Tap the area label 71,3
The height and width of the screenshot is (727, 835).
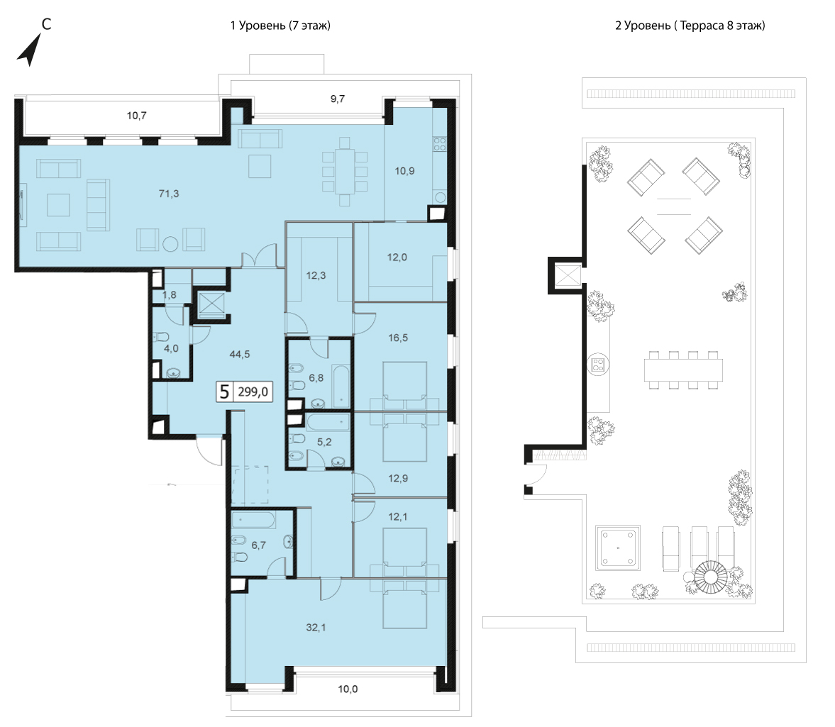pos(169,194)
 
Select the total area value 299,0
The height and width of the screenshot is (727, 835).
pos(253,392)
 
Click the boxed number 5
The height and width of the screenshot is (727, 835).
pos(224,392)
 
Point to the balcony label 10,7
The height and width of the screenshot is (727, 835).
pos(136,116)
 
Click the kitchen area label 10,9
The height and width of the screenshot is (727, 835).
pos(404,171)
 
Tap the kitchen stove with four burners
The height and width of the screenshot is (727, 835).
pos(439,144)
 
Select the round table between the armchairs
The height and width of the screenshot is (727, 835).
pos(170,244)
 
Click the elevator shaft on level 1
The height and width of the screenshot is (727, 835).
pos(211,306)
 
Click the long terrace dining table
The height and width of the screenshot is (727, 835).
pos(683,370)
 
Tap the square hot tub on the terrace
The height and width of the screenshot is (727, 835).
pos(618,548)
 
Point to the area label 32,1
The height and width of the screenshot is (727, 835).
pos(316,628)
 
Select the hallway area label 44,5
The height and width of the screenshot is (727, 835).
pos(240,354)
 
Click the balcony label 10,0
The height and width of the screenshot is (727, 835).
pos(348,689)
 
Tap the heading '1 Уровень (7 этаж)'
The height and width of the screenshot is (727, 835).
pos(280,26)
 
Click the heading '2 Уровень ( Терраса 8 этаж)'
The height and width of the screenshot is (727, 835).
pos(690,26)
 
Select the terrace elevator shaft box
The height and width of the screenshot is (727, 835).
pos(567,276)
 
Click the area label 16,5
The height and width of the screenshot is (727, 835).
pos(398,338)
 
